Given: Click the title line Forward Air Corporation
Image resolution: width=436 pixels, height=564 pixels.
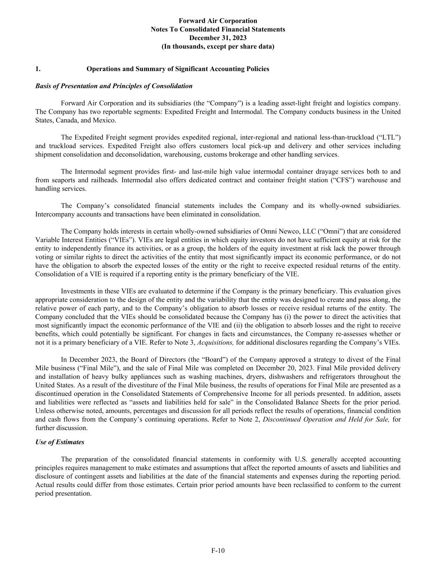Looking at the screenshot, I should tap(218, 21).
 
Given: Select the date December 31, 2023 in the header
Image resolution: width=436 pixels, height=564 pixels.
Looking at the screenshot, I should tap(218, 38).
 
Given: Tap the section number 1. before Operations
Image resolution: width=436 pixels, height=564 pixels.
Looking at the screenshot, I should tap(38, 69).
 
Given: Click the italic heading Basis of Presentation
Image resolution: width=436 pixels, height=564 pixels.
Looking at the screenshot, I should tap(114, 86).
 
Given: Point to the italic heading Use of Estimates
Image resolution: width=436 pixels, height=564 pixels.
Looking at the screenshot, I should tap(60, 442).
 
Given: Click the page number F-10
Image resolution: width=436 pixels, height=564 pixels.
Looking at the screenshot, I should tap(218, 550).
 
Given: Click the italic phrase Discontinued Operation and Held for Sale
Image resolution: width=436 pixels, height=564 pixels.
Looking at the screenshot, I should tap(326, 419).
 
